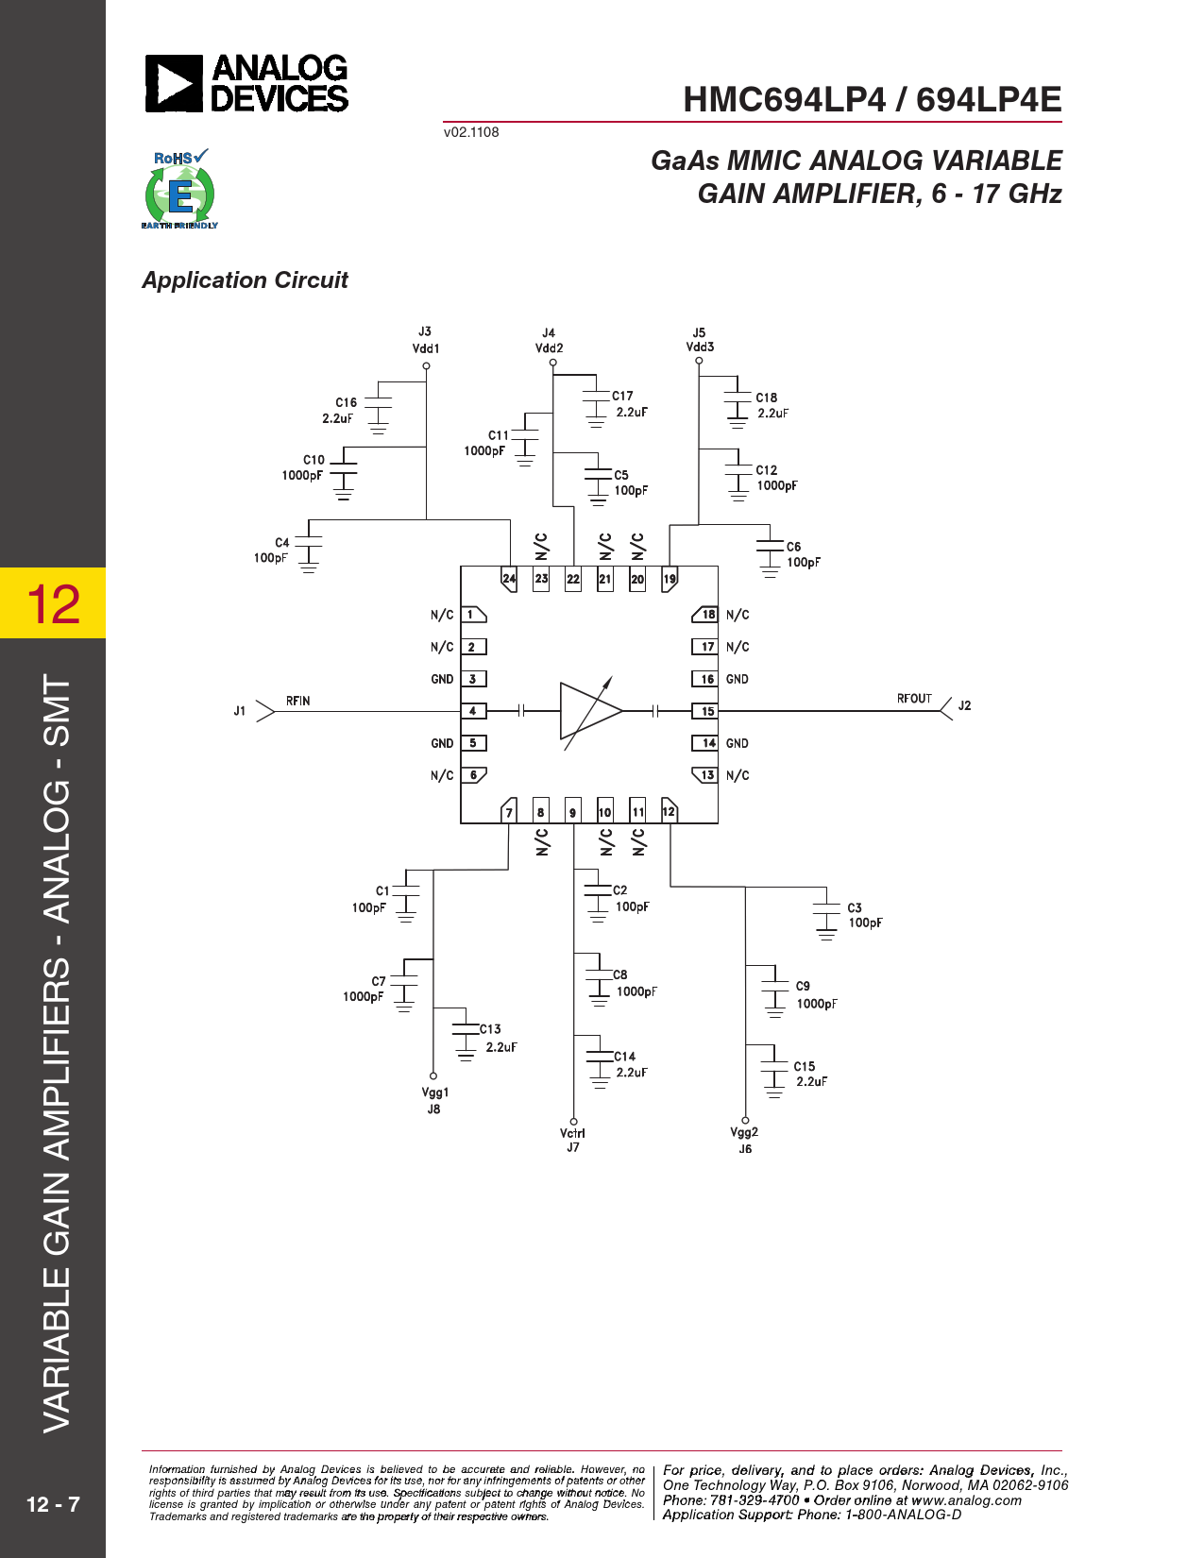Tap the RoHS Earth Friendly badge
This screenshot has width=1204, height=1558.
[x=179, y=189]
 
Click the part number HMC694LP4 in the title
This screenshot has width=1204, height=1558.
[x=785, y=100]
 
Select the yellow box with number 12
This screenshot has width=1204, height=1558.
[x=53, y=602]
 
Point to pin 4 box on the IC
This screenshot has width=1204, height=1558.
[x=473, y=711]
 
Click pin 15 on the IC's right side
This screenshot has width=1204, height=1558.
[x=704, y=711]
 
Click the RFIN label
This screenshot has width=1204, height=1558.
[x=298, y=701]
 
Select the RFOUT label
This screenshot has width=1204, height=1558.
[x=914, y=699]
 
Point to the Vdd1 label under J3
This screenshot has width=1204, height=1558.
[x=425, y=348]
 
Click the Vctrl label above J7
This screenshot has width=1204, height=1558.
[x=572, y=1133]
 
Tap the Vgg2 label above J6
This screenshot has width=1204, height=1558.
[x=744, y=1132]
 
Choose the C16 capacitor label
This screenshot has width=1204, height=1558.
[x=347, y=402]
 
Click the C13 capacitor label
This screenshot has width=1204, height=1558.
[x=490, y=1029]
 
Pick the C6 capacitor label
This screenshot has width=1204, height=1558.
[x=793, y=547]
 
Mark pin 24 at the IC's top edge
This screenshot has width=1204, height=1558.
[x=509, y=579]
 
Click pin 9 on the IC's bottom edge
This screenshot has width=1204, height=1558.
[x=573, y=811]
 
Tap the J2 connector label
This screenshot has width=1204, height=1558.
[x=964, y=705]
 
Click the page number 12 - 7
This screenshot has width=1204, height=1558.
[x=53, y=1503]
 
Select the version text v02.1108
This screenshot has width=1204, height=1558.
[x=471, y=132]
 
